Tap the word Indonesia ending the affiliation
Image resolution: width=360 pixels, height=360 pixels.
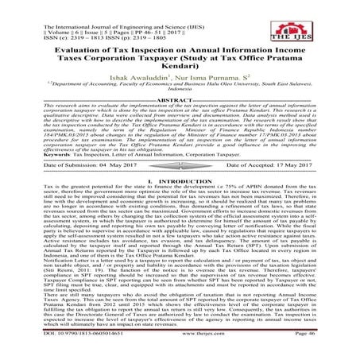tap(180, 113)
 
